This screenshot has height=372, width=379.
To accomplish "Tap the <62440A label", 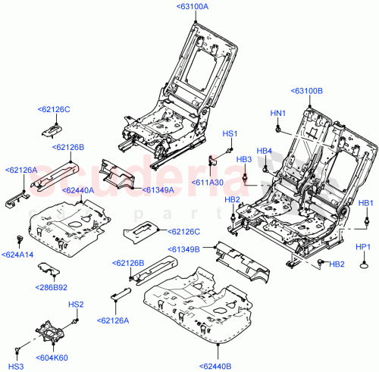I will (x=76, y=190).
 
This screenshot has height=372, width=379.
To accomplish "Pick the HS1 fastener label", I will (x=230, y=133).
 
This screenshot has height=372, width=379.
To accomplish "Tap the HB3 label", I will (x=244, y=159).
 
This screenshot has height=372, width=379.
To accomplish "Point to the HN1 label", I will (x=277, y=114).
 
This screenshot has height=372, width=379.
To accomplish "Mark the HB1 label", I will (x=366, y=203).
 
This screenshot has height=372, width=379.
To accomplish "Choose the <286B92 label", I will (x=52, y=287).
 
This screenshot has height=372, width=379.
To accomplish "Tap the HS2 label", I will (x=76, y=305).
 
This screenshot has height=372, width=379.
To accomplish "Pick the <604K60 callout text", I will (x=52, y=357).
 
